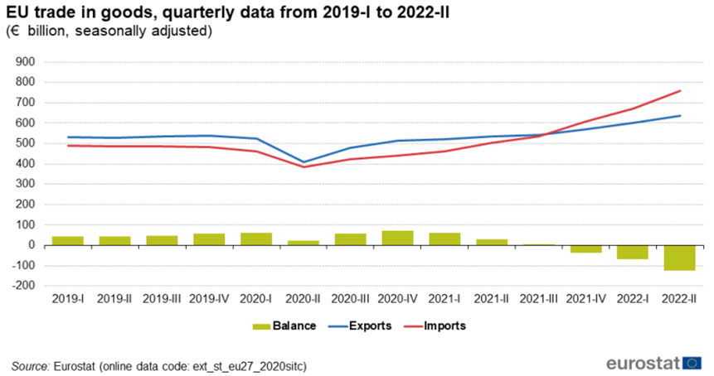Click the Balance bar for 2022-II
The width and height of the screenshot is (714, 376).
point(679,258)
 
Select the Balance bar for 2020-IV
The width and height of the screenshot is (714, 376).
point(397,238)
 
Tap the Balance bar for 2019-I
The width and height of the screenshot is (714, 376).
point(68,240)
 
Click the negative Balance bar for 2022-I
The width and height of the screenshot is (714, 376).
point(632,252)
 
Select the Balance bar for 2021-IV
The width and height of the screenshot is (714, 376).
point(585,248)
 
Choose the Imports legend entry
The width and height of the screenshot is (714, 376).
point(443,325)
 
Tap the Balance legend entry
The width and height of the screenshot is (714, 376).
point(291,325)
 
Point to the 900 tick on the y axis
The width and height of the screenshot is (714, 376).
point(27,62)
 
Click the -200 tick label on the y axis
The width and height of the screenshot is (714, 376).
point(25,286)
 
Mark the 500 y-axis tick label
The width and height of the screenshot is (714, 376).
point(27,143)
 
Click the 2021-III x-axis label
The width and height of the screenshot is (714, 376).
point(538,296)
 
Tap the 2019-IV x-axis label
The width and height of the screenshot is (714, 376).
point(209,296)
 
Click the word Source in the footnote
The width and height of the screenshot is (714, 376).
point(30,364)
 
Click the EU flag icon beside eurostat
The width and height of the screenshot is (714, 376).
point(692,363)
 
